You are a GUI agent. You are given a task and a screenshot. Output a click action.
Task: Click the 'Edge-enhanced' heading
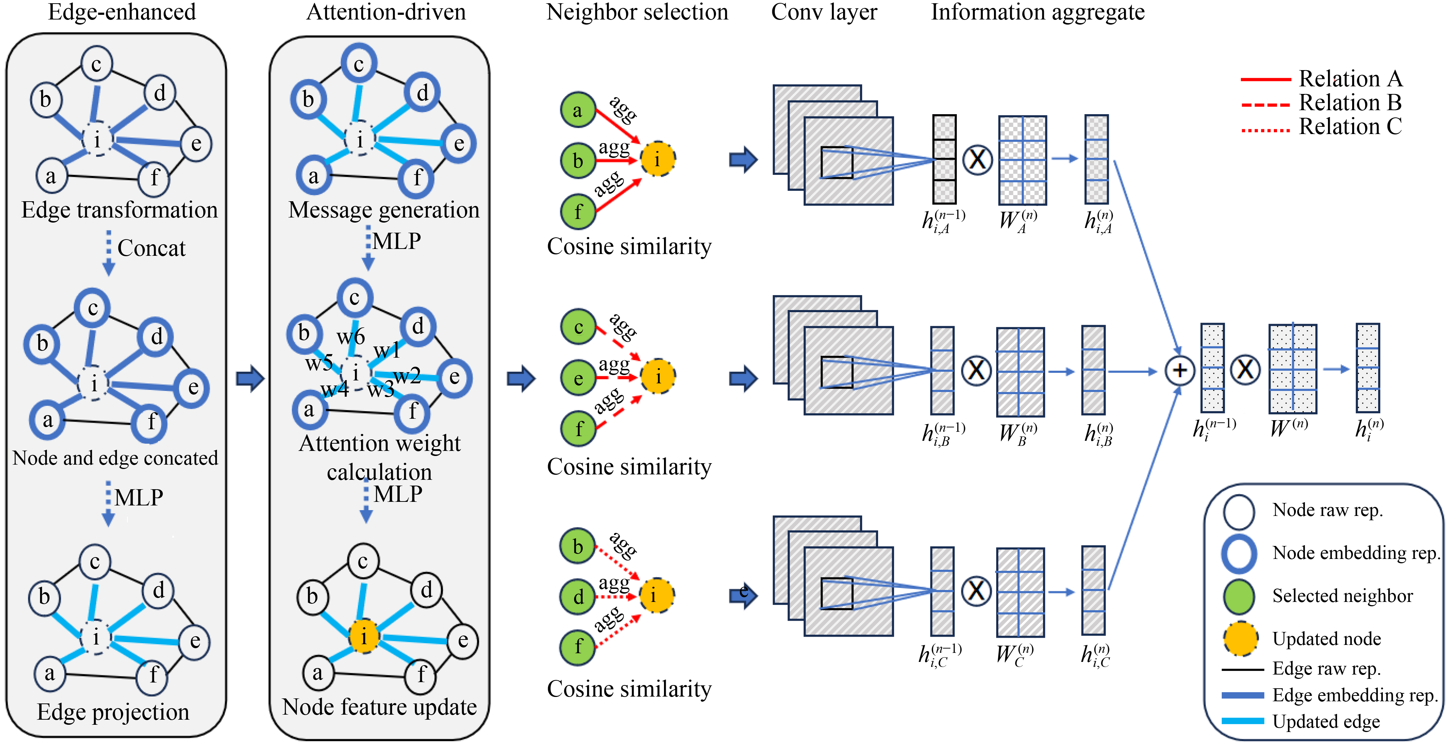[122, 12]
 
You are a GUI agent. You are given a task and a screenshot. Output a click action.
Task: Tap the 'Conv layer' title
[824, 12]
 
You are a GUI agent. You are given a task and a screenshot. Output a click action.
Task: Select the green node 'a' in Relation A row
[578, 110]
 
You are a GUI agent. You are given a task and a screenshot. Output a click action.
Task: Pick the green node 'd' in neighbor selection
[578, 597]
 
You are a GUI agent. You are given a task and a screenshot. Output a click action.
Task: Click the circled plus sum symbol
[1180, 371]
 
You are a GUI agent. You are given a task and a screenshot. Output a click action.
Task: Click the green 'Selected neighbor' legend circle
[1238, 596]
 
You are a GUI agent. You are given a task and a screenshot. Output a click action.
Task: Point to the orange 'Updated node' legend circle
[1240, 638]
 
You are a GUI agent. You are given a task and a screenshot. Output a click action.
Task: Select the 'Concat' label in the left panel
[151, 248]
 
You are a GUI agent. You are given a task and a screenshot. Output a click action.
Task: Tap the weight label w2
[407, 376]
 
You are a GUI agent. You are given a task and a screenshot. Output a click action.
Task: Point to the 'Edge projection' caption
[113, 712]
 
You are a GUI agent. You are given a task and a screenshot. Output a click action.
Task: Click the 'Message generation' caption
[383, 210]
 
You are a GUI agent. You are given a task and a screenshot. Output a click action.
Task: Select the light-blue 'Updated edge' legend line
[1242, 721]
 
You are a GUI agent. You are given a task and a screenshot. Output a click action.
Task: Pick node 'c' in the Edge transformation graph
[96, 64]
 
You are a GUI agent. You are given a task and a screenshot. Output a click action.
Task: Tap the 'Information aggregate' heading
[1037, 12]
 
